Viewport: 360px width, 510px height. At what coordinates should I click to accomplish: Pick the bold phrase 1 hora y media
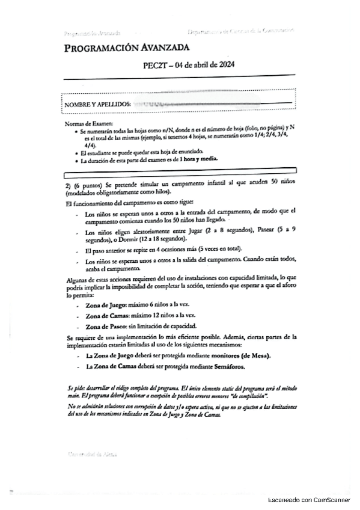coord(197,159)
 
